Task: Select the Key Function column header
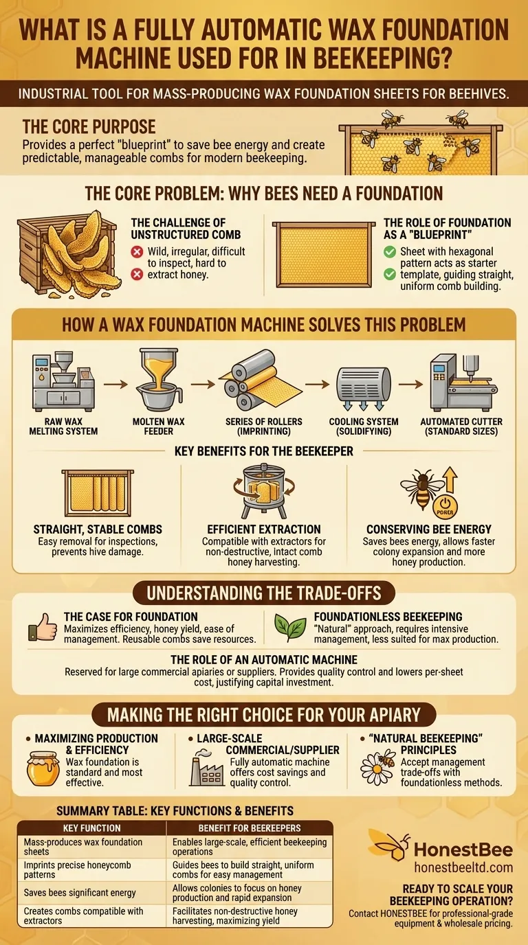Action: pos(91,828)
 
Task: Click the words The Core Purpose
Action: pos(89,126)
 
